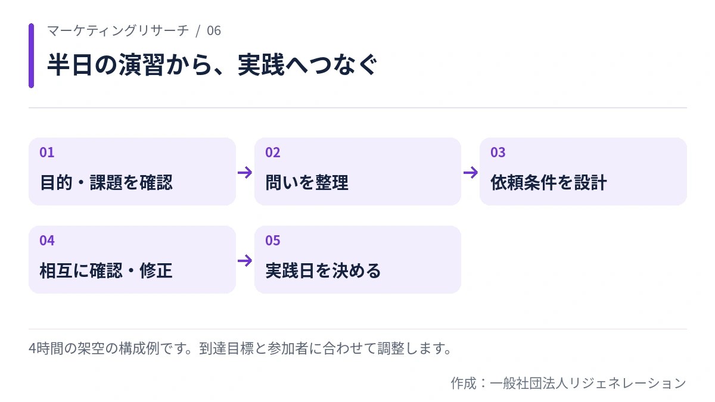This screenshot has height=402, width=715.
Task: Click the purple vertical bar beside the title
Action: coord(31,55)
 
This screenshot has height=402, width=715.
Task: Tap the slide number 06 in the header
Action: coord(214,31)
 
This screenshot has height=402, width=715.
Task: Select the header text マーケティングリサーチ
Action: coord(118,31)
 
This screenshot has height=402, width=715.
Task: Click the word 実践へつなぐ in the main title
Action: coord(307,65)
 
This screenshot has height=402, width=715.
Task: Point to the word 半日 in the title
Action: coord(70,65)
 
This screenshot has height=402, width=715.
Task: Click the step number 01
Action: coord(47,152)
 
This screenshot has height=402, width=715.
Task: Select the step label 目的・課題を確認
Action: coord(106,182)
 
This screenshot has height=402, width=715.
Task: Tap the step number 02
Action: coord(273,152)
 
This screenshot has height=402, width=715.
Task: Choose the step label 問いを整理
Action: coord(307,182)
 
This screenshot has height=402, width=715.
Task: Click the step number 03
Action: coord(498,152)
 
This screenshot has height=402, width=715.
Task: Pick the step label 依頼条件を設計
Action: coord(549,182)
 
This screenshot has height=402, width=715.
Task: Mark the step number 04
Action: coord(47,241)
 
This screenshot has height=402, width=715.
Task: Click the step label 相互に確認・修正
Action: coord(106,270)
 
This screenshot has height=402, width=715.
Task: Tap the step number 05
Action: coord(273,241)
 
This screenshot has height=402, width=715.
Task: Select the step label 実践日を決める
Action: coord(323,270)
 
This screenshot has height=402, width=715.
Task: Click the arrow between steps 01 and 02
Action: coord(245,173)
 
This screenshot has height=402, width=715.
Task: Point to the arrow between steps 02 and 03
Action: coord(471,173)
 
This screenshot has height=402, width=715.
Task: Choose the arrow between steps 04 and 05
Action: coord(245,261)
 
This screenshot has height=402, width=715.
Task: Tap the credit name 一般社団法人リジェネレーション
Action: coord(588,383)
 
